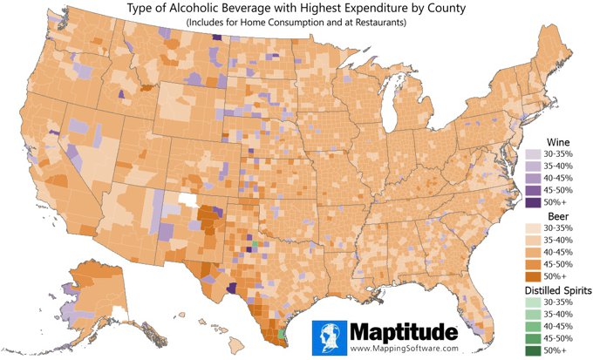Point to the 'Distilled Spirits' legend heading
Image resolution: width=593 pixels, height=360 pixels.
coord(558,289)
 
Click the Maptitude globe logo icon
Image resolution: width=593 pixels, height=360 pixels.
coord(330,336)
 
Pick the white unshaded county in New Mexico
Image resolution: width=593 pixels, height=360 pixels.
coord(186,198)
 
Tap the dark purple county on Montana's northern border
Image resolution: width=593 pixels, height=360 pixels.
coord(216,37)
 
